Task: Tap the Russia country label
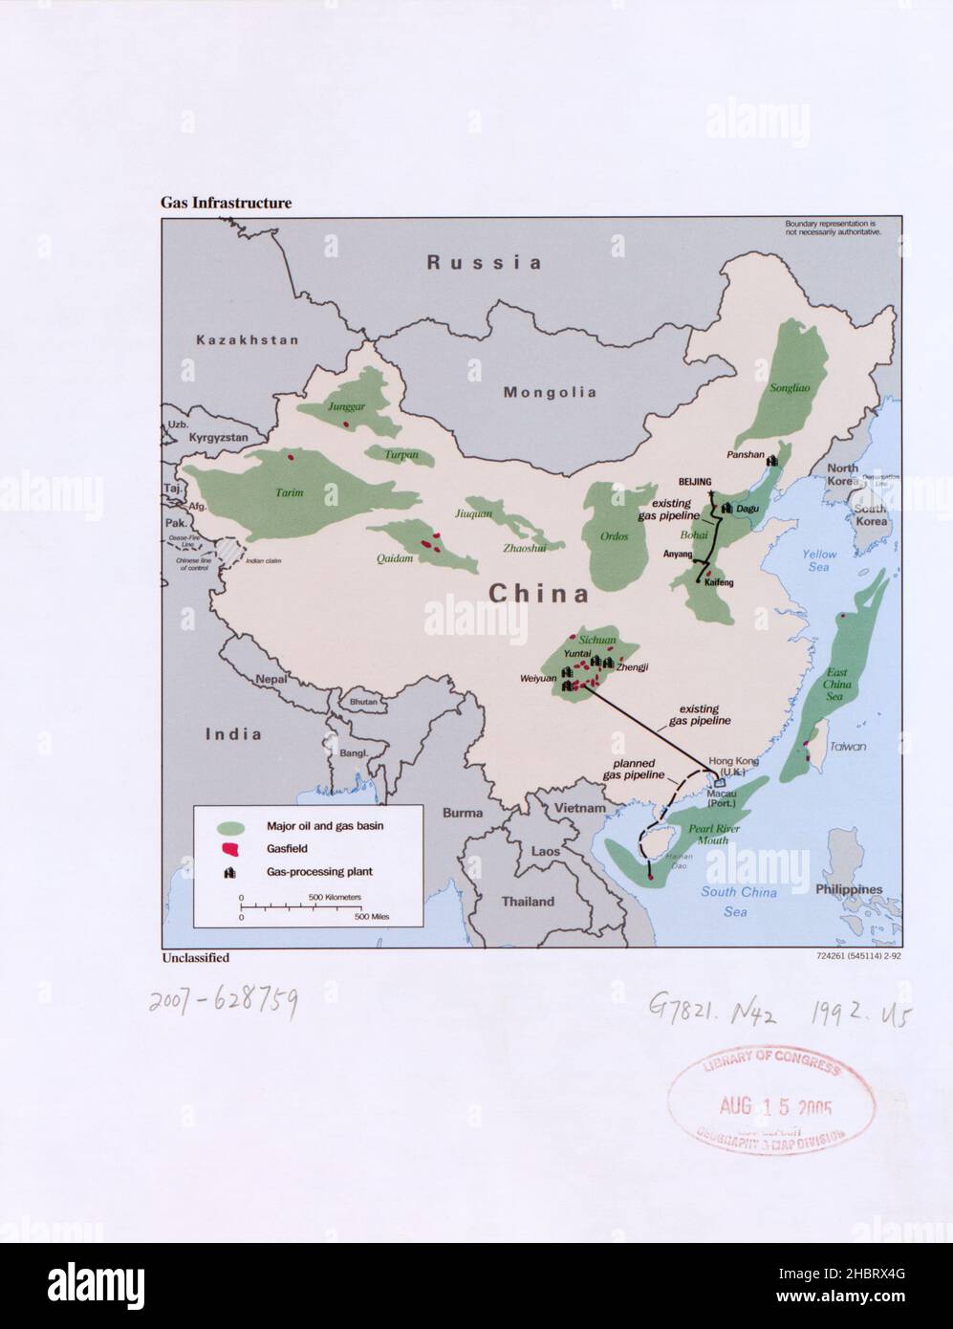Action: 484,262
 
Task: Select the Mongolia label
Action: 550,392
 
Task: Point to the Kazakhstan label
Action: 247,339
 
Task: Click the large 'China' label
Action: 539,594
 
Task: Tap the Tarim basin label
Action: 290,492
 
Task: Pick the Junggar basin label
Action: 346,405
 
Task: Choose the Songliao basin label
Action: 791,388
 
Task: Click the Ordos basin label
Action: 614,536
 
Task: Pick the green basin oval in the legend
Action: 229,826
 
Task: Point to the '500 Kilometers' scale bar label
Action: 335,897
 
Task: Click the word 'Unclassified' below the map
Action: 195,957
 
